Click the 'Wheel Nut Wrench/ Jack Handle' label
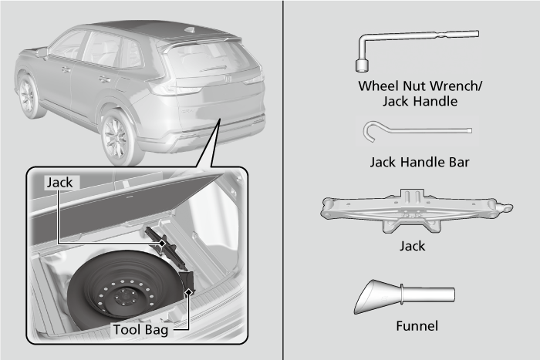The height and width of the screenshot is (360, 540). coord(419,93)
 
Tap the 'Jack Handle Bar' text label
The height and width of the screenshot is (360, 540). coord(419,162)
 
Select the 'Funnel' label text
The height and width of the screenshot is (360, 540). coord(417,325)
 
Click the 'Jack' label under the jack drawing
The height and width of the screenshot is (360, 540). coord(413,247)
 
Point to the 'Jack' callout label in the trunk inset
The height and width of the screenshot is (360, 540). coord(59,183)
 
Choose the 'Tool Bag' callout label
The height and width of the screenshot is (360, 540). coord(140,328)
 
